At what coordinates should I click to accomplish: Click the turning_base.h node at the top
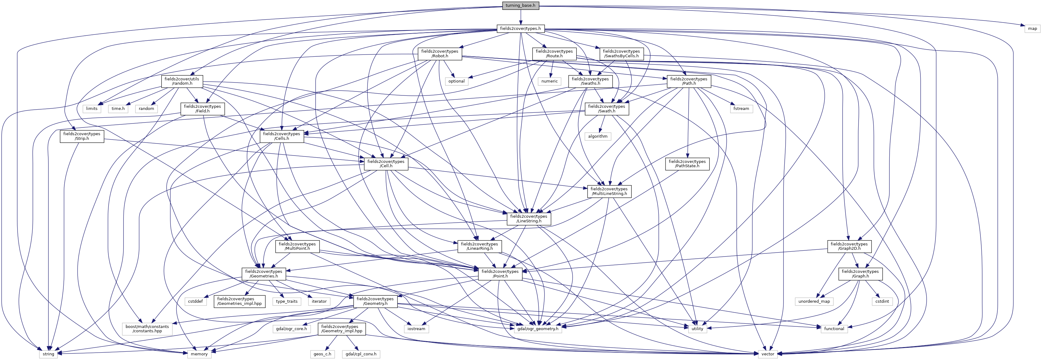point(520,5)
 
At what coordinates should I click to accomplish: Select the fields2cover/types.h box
point(520,29)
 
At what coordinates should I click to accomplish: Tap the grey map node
point(1032,29)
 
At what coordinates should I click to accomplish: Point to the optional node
point(456,81)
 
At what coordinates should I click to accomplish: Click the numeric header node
point(549,81)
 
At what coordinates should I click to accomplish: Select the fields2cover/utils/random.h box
point(182,81)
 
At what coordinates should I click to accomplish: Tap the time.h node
point(118,109)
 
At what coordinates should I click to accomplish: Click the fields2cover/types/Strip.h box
point(82,136)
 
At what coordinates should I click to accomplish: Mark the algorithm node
point(597,136)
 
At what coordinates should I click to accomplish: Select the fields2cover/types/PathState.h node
point(687,164)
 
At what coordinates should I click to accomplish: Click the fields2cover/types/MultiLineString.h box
point(609,191)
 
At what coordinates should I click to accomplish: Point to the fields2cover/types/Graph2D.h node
point(849,246)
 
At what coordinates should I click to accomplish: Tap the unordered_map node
point(814,301)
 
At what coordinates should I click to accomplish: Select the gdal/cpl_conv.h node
point(360,354)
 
